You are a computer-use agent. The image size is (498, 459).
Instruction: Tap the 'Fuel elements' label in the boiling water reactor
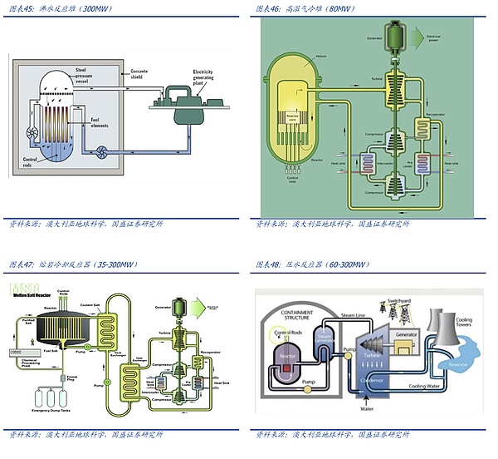(101, 123)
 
